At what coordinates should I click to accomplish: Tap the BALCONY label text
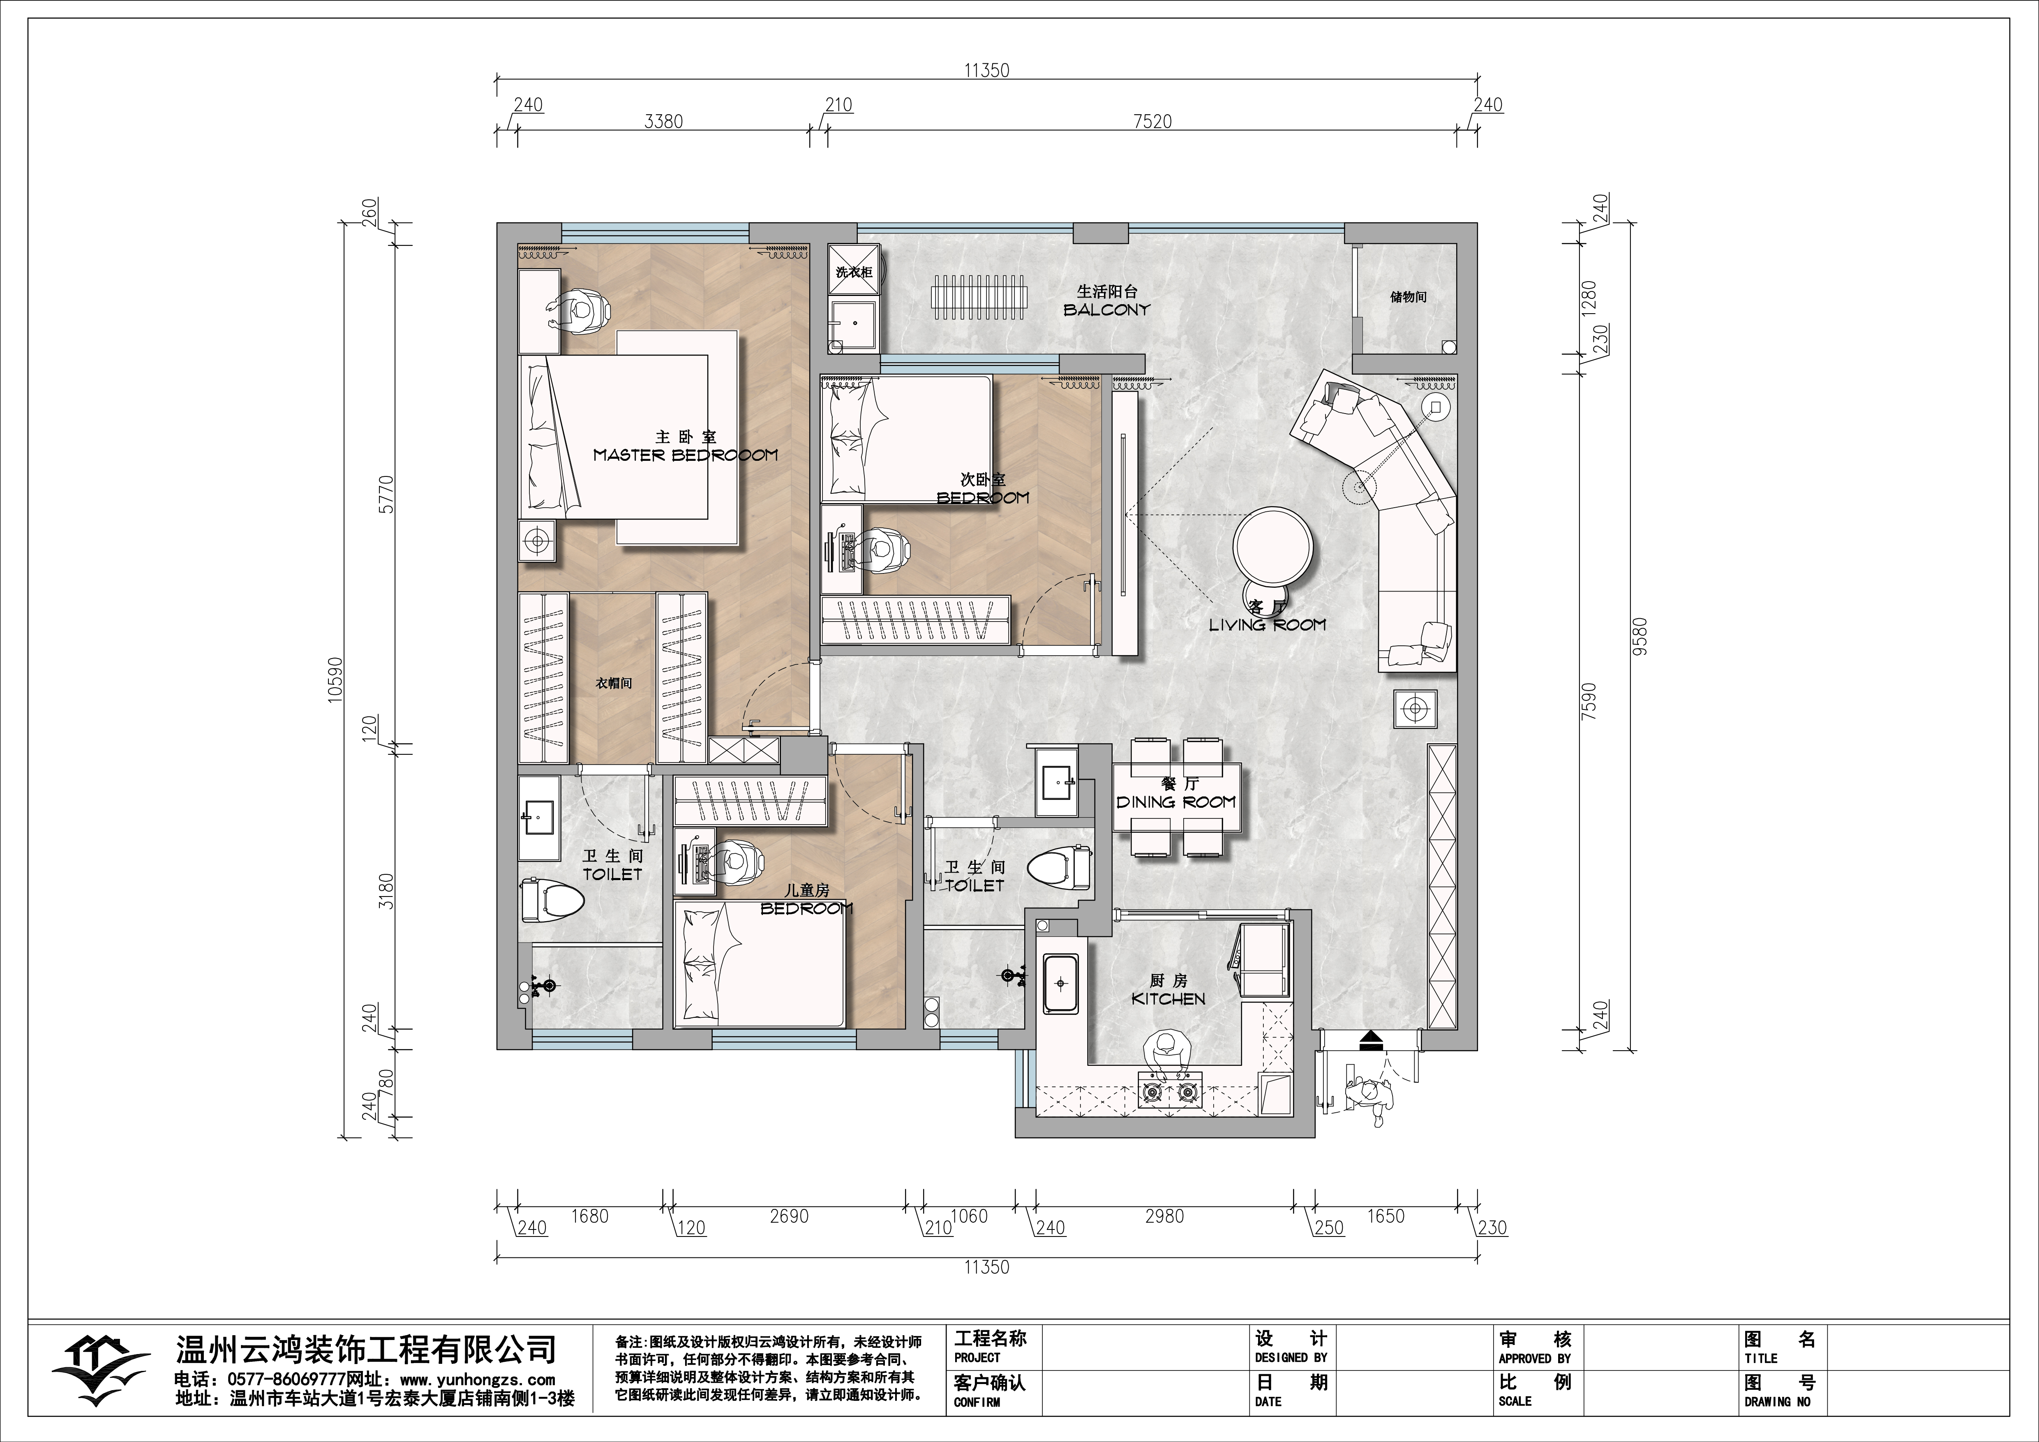1106,310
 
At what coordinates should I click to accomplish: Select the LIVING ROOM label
1267,625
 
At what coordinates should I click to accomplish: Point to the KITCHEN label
1168,999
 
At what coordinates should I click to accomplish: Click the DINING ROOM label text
1176,802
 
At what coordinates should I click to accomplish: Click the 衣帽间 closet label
614,683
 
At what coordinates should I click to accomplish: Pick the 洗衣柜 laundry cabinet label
853,272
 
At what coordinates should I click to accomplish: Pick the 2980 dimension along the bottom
1164,1216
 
